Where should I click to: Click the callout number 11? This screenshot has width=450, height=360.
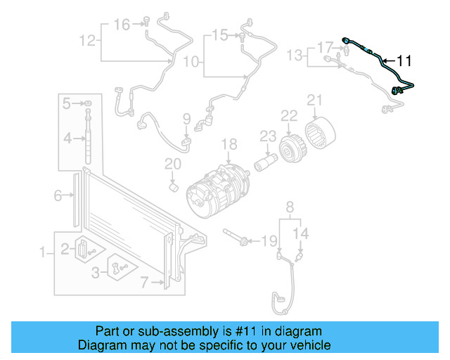pos(407,60)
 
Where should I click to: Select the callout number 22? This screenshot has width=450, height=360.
pos(289,115)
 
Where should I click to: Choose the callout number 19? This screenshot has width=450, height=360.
pos(269,241)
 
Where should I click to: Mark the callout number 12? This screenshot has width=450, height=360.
pos(86,40)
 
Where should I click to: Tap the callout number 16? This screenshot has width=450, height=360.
pos(122,25)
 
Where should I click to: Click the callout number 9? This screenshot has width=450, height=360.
pos(186,117)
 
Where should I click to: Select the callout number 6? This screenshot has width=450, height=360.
pos(58,196)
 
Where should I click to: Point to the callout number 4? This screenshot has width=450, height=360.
pos(67,139)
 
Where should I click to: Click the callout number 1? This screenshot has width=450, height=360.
pos(42,252)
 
